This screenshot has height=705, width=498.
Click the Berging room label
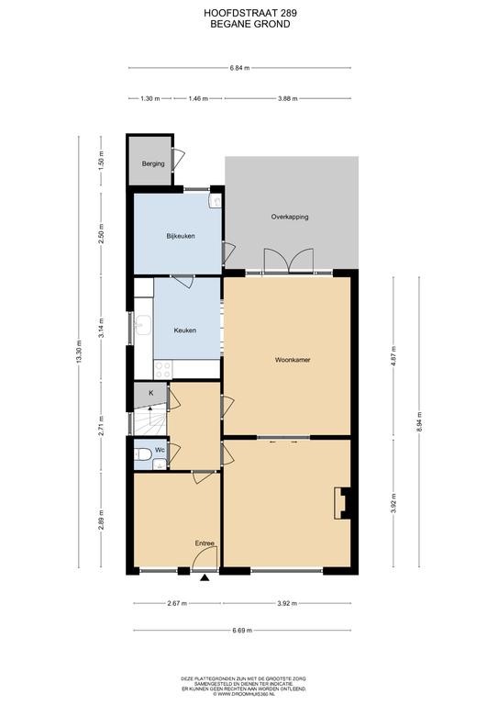(x=153, y=164)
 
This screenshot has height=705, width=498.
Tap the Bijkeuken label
(x=181, y=236)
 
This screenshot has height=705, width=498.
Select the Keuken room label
(x=185, y=330)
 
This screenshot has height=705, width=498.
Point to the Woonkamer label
(x=293, y=360)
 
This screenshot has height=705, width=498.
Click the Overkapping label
(x=290, y=217)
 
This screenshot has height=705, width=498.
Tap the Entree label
(x=205, y=543)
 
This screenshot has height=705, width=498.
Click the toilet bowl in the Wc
(x=143, y=454)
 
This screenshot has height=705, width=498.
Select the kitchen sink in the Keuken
(x=143, y=325)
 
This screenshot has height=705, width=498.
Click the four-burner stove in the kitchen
(x=163, y=370)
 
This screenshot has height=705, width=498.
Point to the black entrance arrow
(x=205, y=578)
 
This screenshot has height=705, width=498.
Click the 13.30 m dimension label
(x=79, y=352)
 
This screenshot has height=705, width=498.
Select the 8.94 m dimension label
(x=419, y=421)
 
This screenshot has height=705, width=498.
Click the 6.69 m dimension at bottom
(x=242, y=631)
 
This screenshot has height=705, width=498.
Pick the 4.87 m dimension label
(x=393, y=355)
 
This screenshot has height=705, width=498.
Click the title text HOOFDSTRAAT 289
(x=250, y=14)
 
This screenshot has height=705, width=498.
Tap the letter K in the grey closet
(x=151, y=393)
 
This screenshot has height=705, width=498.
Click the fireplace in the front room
(x=342, y=503)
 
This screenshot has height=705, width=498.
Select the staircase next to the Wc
(x=150, y=420)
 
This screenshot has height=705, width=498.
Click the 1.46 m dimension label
(x=198, y=98)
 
